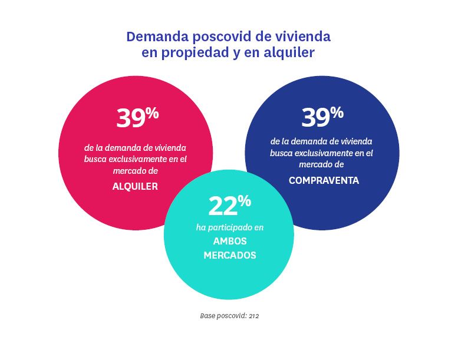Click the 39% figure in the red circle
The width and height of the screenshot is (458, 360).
click(x=137, y=118)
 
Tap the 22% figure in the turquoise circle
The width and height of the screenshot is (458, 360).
click(x=229, y=206)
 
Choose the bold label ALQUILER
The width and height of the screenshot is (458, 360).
click(x=137, y=187)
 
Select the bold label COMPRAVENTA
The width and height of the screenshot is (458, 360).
click(x=324, y=181)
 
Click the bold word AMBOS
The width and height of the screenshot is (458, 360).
click(x=229, y=242)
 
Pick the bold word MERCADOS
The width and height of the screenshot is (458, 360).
click(x=229, y=256)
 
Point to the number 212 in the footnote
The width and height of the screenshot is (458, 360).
click(x=254, y=316)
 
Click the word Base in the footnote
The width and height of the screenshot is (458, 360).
click(x=207, y=316)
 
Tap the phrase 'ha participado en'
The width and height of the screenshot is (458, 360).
click(x=229, y=227)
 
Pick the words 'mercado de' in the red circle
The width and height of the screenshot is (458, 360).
click(x=137, y=171)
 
